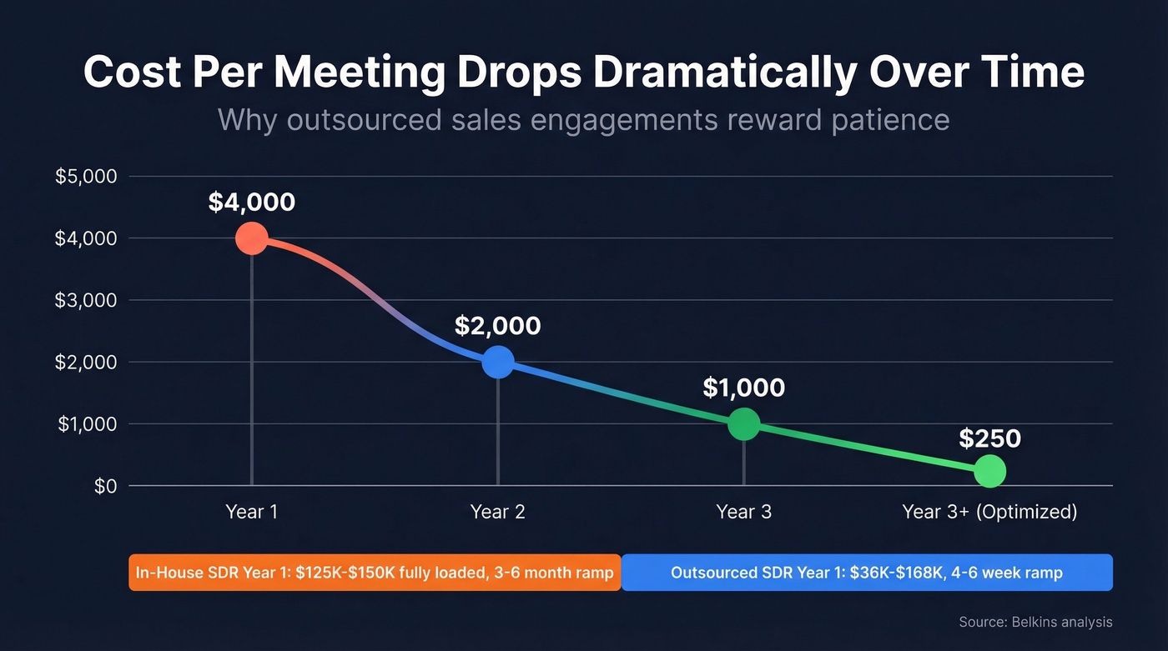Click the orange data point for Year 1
coord(251,238)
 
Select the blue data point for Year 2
coord(498,362)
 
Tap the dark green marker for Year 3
coord(743,423)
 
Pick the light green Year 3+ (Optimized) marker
coord(989,471)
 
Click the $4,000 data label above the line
coord(251,202)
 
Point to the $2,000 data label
coord(498,325)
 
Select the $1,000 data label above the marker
coord(743,388)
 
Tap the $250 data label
coord(989,438)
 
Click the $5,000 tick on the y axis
coord(86,177)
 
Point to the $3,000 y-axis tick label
coord(86,300)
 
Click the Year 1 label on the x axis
coord(251,512)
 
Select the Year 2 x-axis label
coord(498,512)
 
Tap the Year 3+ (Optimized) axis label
coord(989,512)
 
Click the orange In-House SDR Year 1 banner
coord(375,573)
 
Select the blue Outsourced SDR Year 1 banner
coord(867,573)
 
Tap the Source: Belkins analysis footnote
coord(1035,622)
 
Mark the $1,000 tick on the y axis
coord(86,424)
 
